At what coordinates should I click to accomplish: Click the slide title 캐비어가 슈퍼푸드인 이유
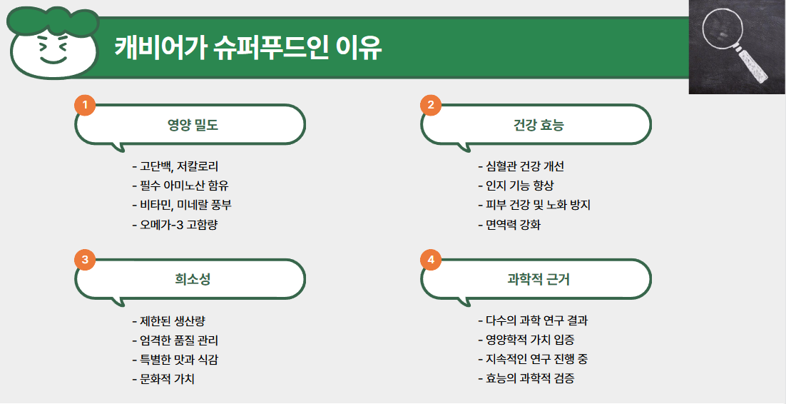(x=248, y=49)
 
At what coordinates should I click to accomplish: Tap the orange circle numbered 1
(x=85, y=106)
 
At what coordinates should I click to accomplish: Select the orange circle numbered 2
(x=431, y=106)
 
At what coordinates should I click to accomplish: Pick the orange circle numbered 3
(x=85, y=260)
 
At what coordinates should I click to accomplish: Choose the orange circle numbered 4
(x=431, y=260)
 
